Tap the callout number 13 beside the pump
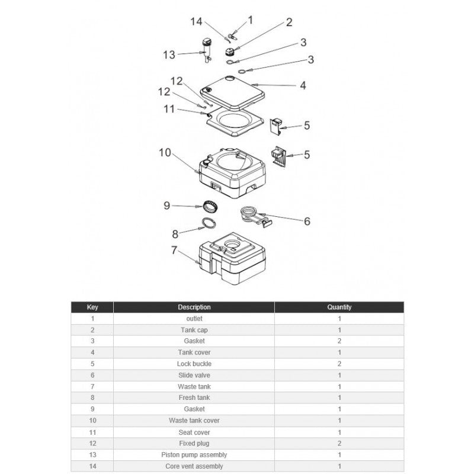point(169,55)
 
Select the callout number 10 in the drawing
point(165,153)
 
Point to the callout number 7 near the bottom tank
point(174,250)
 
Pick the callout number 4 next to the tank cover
point(303,85)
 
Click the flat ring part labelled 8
point(207,223)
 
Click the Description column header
point(194,307)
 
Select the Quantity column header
point(340,307)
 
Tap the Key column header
point(92,307)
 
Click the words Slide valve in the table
point(194,375)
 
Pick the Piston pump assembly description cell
point(194,455)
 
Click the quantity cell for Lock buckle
point(340,364)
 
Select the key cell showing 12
point(92,443)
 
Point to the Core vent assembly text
point(194,466)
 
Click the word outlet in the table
point(194,319)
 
